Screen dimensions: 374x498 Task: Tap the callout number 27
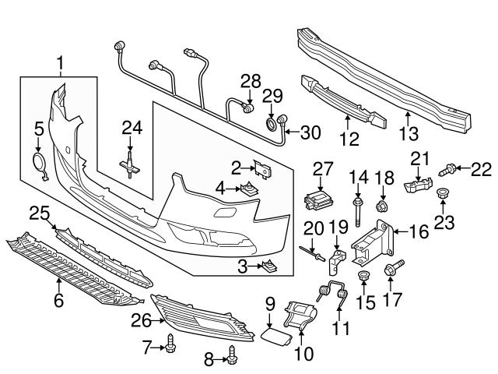pyautogui.click(x=323, y=168)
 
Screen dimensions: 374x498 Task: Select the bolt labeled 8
pyautogui.click(x=231, y=358)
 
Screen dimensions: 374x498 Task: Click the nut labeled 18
pyautogui.click(x=382, y=206)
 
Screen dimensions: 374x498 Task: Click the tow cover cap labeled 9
pyautogui.click(x=275, y=336)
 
